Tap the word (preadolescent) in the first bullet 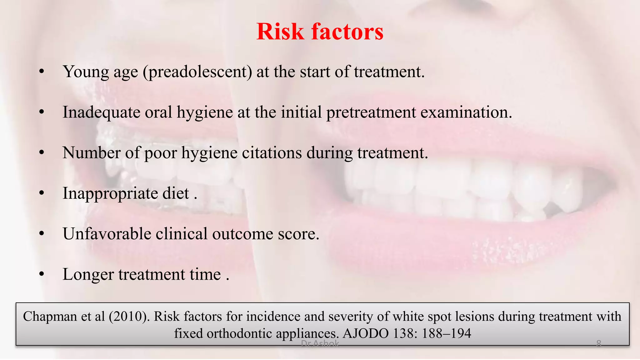(197, 72)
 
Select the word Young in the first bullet (86, 72)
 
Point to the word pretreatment (371, 112)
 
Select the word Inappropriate (110, 193)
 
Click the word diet (176, 193)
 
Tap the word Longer (88, 275)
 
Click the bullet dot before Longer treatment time (42, 274)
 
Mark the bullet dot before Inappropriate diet (42, 193)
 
